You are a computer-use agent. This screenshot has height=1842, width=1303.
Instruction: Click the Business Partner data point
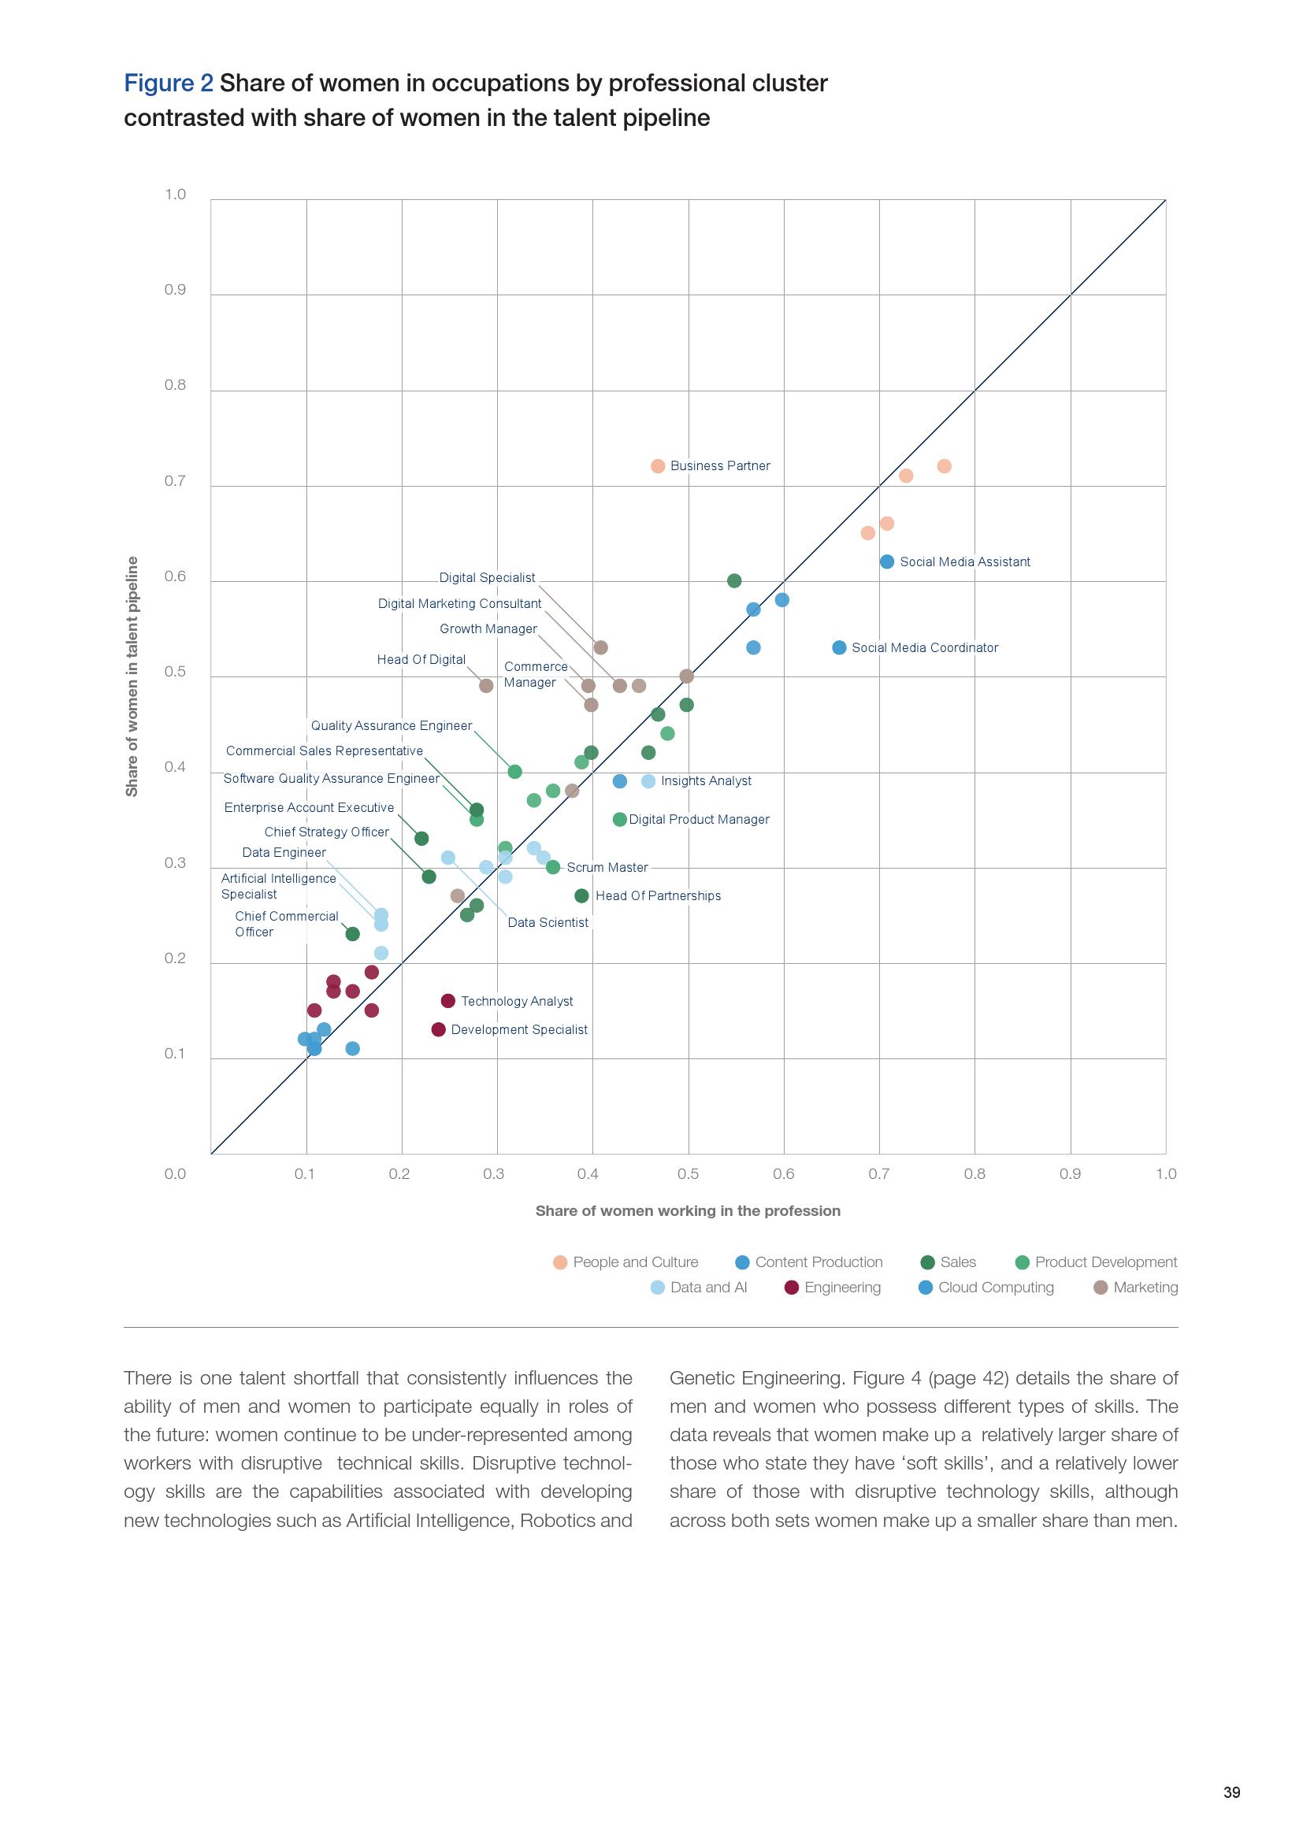point(658,466)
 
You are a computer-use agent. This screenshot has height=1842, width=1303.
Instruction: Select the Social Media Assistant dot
point(886,561)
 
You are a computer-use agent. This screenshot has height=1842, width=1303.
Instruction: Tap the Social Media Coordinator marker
point(839,647)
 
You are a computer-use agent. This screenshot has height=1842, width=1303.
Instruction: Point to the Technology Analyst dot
point(448,1000)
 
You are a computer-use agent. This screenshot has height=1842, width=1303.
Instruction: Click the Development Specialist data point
point(438,1029)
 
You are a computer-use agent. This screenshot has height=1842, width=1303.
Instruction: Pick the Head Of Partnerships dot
point(581,895)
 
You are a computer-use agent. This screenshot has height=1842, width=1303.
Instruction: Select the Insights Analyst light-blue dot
point(648,781)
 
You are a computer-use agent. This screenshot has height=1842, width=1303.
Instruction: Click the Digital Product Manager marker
point(619,819)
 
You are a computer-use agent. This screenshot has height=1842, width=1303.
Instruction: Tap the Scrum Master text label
point(607,867)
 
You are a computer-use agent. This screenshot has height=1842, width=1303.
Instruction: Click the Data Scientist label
point(548,923)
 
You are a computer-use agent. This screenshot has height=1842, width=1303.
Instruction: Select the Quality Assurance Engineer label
point(392,726)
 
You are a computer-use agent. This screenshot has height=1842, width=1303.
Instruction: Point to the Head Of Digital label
point(421,659)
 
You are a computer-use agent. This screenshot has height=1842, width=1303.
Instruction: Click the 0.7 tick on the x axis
point(878,1173)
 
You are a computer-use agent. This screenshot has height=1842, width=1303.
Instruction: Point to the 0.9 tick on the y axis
point(175,290)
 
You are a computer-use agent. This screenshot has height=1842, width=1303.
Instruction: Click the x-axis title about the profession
point(688,1210)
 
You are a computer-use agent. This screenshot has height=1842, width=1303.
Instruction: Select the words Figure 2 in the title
point(169,83)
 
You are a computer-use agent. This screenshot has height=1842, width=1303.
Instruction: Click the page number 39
point(1231,1792)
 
